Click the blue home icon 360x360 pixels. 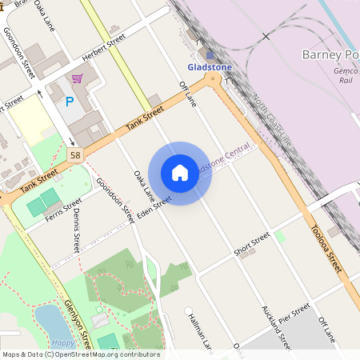180,173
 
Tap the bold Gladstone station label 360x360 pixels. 210,67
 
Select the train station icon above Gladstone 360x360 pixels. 210,55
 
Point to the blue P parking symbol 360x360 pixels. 70,102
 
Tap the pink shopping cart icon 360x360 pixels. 77,78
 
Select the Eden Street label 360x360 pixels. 154,207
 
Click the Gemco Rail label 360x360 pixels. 346,75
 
